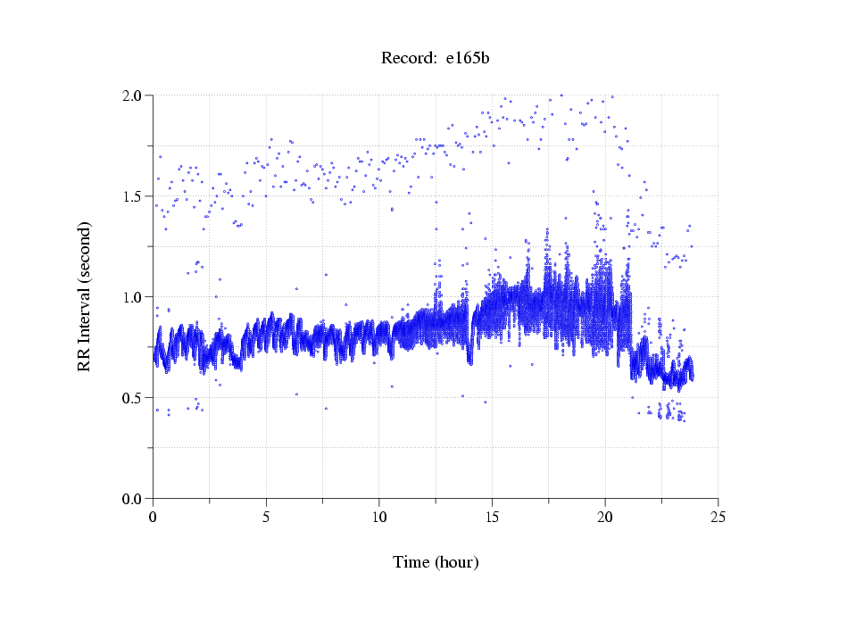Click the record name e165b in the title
pyautogui.click(x=469, y=59)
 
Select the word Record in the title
pyautogui.click(x=407, y=59)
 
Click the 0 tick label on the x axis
pyautogui.click(x=154, y=517)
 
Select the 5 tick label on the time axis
pyautogui.click(x=266, y=517)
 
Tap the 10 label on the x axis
pyautogui.click(x=379, y=517)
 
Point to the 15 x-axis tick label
pyautogui.click(x=492, y=517)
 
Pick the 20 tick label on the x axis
pyautogui.click(x=605, y=517)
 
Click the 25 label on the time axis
pyautogui.click(x=718, y=517)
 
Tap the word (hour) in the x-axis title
pyautogui.click(x=456, y=562)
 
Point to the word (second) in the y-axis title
pyautogui.click(x=84, y=250)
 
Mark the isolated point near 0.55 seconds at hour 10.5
pyautogui.click(x=392, y=386)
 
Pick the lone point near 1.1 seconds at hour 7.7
pyautogui.click(x=327, y=275)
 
